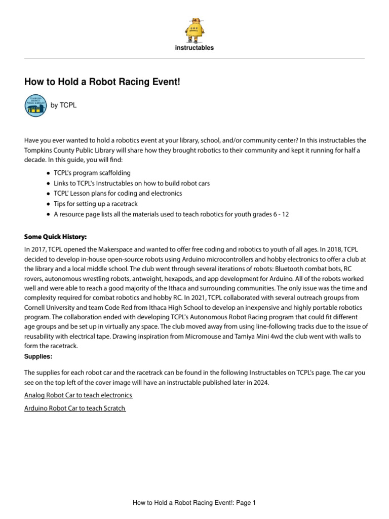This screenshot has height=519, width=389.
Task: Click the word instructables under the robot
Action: coord(194,48)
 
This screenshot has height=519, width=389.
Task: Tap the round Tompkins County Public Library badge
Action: coord(36,105)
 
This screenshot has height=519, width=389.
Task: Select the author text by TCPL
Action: coord(63,105)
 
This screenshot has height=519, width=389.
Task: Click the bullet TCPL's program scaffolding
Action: coord(92,173)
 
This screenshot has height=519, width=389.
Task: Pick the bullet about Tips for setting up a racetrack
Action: coord(95,204)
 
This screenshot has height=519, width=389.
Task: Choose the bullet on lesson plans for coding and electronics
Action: coord(118,193)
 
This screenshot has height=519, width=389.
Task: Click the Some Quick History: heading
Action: coord(55,237)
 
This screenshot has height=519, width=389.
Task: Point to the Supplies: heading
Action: coord(38,357)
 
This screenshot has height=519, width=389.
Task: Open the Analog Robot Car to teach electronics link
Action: coord(79,395)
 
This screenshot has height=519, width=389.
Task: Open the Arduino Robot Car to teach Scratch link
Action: coord(75,408)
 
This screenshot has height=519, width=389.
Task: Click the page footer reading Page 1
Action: coord(194,503)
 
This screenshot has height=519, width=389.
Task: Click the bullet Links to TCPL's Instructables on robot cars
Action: coord(131,183)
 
